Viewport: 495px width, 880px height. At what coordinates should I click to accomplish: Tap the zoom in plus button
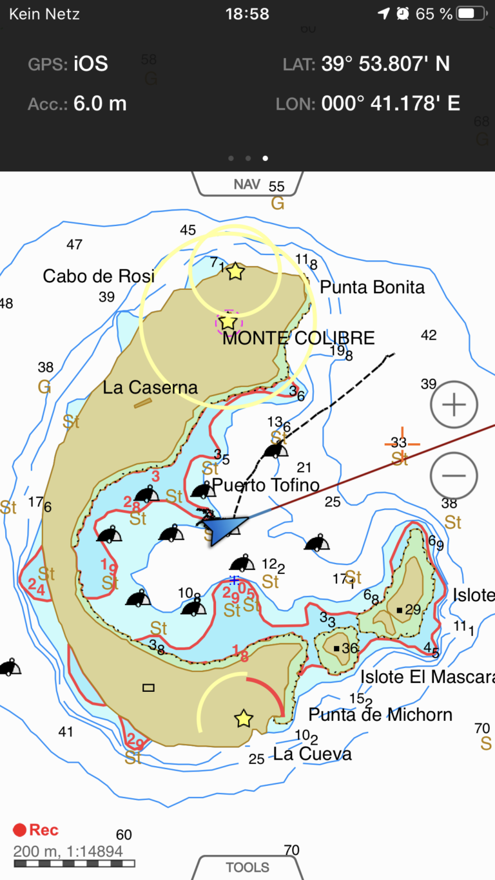pyautogui.click(x=454, y=405)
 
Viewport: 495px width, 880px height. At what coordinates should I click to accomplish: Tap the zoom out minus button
pyautogui.click(x=454, y=475)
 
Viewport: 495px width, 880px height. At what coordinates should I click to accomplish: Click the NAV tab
pyautogui.click(x=247, y=184)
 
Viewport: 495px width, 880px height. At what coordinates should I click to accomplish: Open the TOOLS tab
pyautogui.click(x=247, y=867)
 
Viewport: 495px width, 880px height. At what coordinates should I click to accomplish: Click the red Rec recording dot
pyautogui.click(x=20, y=830)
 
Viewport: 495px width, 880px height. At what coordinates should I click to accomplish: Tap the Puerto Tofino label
pyautogui.click(x=266, y=484)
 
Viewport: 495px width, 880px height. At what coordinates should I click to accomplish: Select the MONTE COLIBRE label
pyautogui.click(x=298, y=338)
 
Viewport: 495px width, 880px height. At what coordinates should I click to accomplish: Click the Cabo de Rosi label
pyautogui.click(x=99, y=276)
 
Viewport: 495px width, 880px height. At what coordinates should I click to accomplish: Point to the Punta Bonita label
pyautogui.click(x=373, y=287)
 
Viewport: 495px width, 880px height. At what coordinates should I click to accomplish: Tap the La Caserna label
pyautogui.click(x=150, y=387)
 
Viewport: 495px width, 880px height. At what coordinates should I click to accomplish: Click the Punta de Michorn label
pyautogui.click(x=380, y=714)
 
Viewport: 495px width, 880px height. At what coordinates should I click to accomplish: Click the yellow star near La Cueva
pyautogui.click(x=243, y=718)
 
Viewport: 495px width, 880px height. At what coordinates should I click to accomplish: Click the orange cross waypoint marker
pyautogui.click(x=402, y=443)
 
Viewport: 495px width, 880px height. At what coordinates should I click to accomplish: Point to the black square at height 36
pyautogui.click(x=336, y=648)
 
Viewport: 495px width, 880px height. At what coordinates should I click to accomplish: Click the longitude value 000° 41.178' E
pyautogui.click(x=391, y=103)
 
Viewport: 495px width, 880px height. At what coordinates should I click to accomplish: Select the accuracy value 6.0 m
pyautogui.click(x=100, y=103)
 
